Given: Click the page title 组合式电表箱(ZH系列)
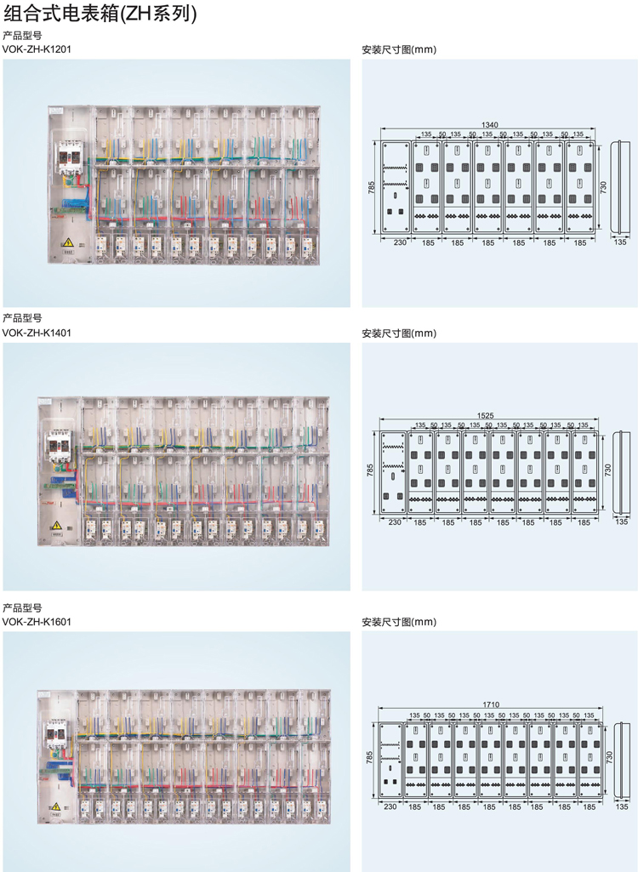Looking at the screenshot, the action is pyautogui.click(x=100, y=13).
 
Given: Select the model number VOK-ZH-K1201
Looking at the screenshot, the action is pyautogui.click(x=37, y=49).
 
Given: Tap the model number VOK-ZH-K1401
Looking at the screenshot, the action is pyautogui.click(x=37, y=333).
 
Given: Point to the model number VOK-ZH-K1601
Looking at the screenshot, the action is pyautogui.click(x=37, y=622).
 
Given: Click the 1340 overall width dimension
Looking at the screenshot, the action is pyautogui.click(x=489, y=125).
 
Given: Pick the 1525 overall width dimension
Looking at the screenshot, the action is pyautogui.click(x=485, y=415).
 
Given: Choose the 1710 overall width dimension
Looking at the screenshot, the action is pyautogui.click(x=491, y=704).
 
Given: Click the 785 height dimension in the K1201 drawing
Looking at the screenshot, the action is pyautogui.click(x=372, y=187).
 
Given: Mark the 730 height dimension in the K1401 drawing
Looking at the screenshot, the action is pyautogui.click(x=607, y=470).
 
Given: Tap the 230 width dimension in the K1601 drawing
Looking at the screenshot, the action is pyautogui.click(x=390, y=807).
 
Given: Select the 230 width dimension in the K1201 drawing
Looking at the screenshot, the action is pyautogui.click(x=400, y=242).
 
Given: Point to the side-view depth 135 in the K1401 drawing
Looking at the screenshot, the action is pyautogui.click(x=622, y=521).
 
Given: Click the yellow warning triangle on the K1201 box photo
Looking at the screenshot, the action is pyautogui.click(x=68, y=242).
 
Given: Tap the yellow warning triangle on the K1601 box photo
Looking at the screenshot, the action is pyautogui.click(x=55, y=806).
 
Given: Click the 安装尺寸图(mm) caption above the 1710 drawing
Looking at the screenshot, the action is pyautogui.click(x=399, y=622).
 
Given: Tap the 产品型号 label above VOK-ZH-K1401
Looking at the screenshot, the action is pyautogui.click(x=22, y=319).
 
